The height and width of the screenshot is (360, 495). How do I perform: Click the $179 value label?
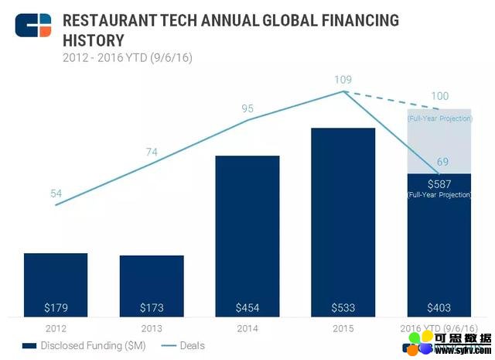[56, 307]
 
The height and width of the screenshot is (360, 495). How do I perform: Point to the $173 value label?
[152, 307]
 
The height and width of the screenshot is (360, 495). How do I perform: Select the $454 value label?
[247, 307]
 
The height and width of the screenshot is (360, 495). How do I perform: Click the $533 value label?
[343, 307]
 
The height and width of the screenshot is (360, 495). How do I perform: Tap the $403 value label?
[439, 307]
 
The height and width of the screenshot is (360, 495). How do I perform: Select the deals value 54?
[56, 194]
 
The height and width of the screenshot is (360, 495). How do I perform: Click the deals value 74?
[152, 152]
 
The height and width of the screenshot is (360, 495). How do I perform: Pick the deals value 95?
[247, 109]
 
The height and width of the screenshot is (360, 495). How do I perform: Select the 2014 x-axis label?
[247, 327]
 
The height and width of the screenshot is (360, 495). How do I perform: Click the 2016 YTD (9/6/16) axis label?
[439, 327]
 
